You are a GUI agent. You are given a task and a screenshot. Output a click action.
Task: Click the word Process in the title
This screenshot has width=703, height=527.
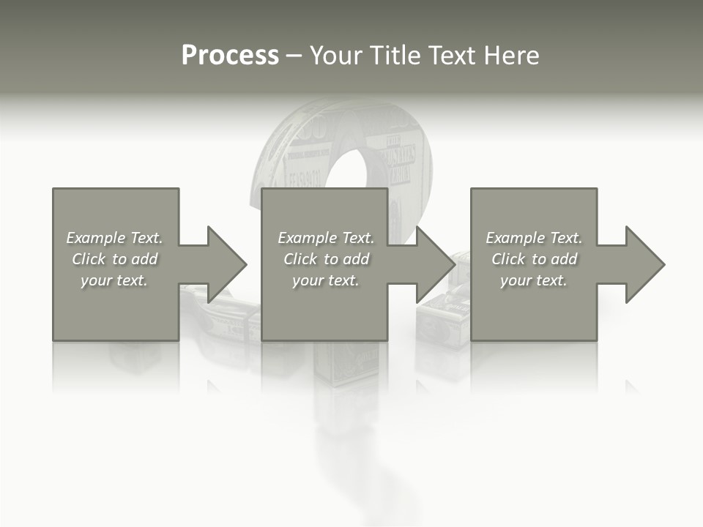pyautogui.click(x=230, y=56)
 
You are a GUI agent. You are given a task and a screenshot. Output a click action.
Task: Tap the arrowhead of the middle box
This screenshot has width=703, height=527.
pyautogui.click(x=434, y=264)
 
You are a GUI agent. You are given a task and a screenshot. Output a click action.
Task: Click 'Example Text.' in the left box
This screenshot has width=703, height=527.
pyautogui.click(x=114, y=238)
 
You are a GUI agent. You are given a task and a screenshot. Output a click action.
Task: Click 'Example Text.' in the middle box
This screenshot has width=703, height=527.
pyautogui.click(x=326, y=238)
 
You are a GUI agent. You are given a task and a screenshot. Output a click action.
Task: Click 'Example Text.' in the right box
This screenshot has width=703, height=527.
pyautogui.click(x=534, y=238)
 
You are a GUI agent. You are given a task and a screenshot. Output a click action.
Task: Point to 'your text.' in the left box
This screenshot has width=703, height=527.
pyautogui.click(x=114, y=280)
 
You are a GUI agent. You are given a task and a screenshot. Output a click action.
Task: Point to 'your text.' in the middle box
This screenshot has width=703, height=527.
pyautogui.click(x=326, y=280)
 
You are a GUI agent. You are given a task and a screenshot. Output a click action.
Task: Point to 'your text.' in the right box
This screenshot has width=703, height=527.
pyautogui.click(x=534, y=280)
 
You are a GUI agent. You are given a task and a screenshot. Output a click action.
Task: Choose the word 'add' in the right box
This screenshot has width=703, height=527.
pyautogui.click(x=564, y=259)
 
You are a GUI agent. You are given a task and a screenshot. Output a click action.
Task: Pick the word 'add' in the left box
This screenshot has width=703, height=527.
pyautogui.click(x=144, y=259)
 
